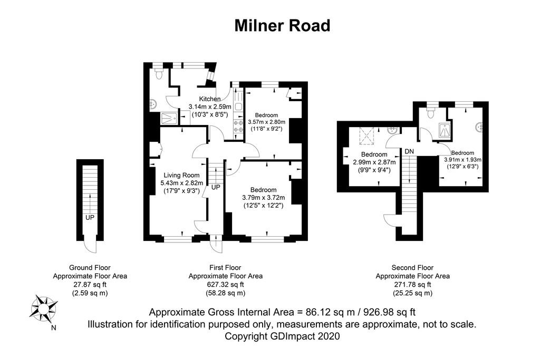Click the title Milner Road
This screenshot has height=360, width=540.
(282, 25)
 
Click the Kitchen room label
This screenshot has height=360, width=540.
(209, 99)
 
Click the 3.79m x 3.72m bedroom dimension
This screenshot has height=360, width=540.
(263, 198)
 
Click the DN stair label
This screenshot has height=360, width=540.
(410, 151)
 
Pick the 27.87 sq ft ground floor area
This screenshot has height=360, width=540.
(90, 285)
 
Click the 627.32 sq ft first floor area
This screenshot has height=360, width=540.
(225, 285)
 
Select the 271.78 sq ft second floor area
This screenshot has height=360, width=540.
(412, 285)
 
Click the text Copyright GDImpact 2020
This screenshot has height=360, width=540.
(282, 336)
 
